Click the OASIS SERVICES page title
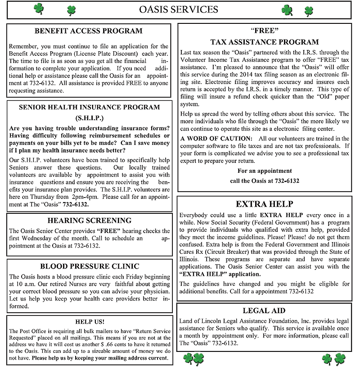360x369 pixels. coord(179,9)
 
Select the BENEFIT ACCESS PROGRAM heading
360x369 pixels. coord(88,31)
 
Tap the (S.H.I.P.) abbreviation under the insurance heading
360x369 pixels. coord(89,118)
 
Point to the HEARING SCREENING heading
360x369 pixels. coord(89,220)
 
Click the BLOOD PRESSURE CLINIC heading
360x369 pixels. coord(90,266)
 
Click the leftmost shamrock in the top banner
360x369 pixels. coord(39,8)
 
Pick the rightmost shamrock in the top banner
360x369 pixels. coord(309,10)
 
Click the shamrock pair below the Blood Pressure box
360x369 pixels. coord(193,359)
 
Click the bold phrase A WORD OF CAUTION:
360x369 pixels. coord(216,139)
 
